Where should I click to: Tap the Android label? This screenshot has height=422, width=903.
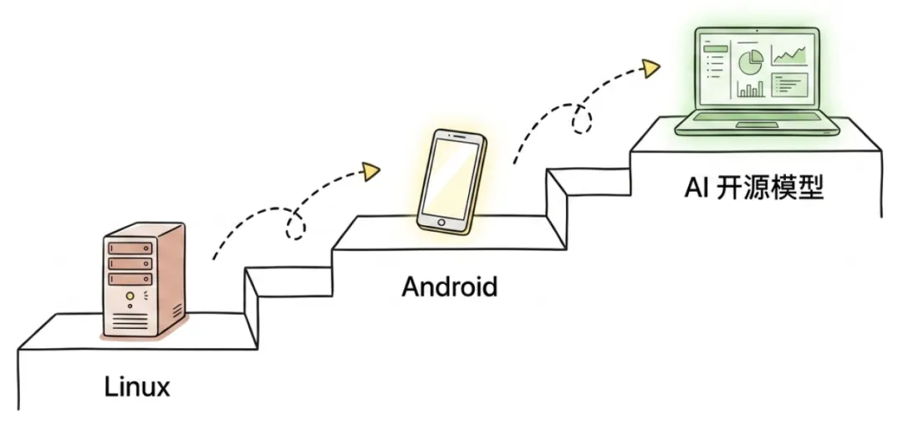(450, 286)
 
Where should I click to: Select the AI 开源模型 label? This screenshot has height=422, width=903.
(754, 188)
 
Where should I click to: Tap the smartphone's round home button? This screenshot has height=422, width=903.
(441, 222)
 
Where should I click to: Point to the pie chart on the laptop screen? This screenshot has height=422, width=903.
(750, 60)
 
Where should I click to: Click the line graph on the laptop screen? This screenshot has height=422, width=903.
(789, 55)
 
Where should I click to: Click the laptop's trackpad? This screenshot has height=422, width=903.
(755, 125)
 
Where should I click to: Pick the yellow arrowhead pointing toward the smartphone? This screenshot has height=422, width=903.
(370, 171)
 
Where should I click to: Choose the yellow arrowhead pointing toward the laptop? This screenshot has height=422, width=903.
(651, 68)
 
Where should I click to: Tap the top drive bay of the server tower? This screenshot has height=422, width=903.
(130, 250)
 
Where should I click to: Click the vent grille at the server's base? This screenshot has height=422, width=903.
(130, 319)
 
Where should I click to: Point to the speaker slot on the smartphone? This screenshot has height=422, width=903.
(457, 136)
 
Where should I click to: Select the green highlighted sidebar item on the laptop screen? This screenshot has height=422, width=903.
(715, 49)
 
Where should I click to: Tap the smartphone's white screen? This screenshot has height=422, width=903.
(449, 177)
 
